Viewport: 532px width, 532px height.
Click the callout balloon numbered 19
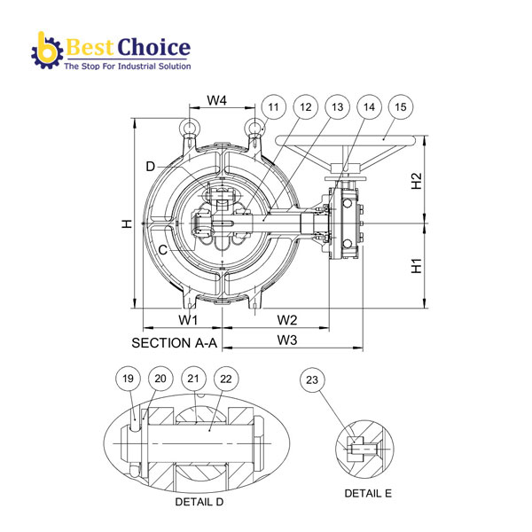pyautogui.click(x=129, y=379)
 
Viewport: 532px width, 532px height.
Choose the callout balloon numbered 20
pyautogui.click(x=160, y=379)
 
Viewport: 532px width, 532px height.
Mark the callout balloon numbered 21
pyautogui.click(x=194, y=379)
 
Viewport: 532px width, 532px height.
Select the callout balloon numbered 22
pyautogui.click(x=225, y=379)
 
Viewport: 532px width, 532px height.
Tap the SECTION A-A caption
pyautogui.click(x=174, y=342)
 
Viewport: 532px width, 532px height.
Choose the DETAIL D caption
pyautogui.click(x=199, y=502)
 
